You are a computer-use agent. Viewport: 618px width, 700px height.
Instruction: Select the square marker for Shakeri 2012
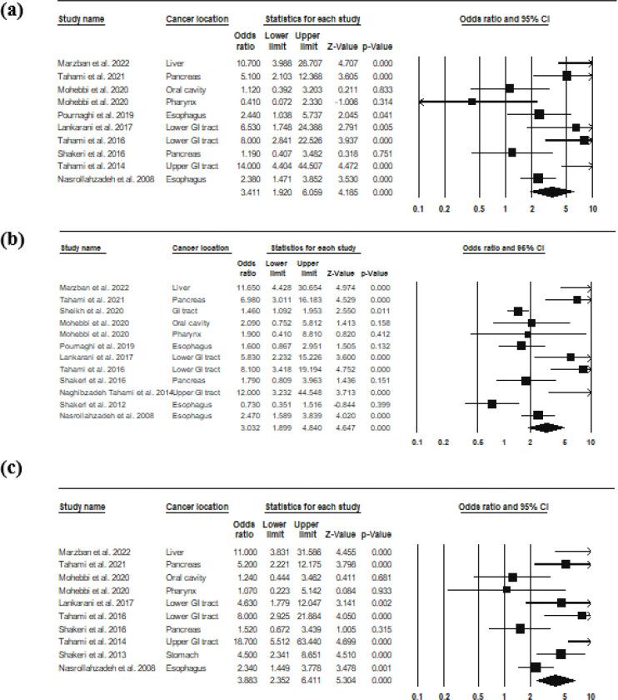[x=491, y=403]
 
